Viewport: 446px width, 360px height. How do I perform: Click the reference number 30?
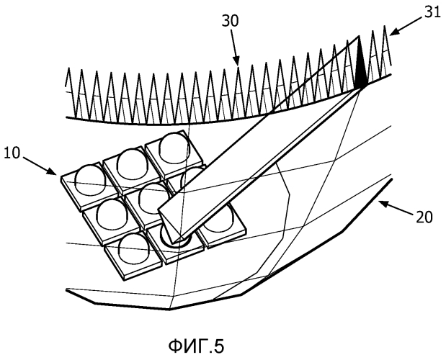click(x=231, y=22)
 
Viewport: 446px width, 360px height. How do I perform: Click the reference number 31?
click(x=432, y=13)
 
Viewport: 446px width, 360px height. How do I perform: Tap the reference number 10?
click(x=12, y=153)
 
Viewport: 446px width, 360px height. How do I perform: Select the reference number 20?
click(x=424, y=217)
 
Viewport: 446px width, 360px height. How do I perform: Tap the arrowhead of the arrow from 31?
click(x=394, y=32)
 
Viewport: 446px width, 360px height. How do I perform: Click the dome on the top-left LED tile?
click(x=90, y=179)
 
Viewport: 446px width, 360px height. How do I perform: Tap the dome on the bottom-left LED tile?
click(x=134, y=249)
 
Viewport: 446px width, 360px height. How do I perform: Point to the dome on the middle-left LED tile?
click(x=112, y=214)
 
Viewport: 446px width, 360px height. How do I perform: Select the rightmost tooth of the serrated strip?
click(x=385, y=50)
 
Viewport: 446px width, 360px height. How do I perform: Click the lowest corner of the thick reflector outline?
click(x=170, y=309)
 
